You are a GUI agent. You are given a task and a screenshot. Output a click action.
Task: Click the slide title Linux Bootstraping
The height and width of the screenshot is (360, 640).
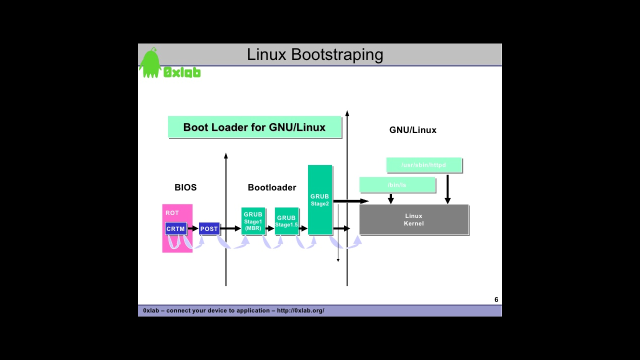pos(315,54)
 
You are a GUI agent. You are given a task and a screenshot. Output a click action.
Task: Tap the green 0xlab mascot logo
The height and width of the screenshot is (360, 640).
pos(150,63)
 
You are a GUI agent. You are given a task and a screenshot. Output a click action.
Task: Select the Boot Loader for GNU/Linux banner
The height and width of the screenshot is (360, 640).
pos(254,127)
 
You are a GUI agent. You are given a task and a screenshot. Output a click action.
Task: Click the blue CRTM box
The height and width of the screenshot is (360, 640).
pos(175,229)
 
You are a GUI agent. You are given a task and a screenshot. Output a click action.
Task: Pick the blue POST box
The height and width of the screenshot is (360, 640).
pos(209,229)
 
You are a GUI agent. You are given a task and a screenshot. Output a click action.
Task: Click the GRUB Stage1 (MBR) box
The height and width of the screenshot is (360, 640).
pos(253,221)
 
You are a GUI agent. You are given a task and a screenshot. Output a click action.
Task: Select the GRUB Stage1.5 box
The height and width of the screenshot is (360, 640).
pos(286,221)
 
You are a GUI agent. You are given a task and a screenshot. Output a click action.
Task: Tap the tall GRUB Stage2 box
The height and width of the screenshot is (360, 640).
pos(320,200)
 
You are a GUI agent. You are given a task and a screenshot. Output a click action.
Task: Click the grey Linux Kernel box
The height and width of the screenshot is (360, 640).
pos(414,219)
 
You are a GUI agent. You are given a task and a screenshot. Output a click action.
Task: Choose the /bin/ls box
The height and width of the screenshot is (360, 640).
pos(397,185)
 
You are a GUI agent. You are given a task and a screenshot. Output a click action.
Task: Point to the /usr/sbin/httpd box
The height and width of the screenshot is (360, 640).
pos(423,165)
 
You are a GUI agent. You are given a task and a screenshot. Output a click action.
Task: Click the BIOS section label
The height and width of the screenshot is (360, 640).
pos(185,187)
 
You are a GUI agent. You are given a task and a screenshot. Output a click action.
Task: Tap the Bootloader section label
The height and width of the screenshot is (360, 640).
pos(272,187)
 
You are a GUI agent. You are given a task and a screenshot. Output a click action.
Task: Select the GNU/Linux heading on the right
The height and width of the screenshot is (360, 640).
pos(413,130)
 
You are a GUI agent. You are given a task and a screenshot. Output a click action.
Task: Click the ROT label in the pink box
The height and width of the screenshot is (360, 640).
pos(172,213)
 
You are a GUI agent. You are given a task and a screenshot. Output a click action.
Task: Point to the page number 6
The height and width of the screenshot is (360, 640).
pos(496,299)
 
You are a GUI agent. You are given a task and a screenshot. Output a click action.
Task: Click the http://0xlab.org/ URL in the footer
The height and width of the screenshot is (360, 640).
pos(300,310)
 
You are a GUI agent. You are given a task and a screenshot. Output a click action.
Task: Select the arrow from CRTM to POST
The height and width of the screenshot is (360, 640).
pos(193,228)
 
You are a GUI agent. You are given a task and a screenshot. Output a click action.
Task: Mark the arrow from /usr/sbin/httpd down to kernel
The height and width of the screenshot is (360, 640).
pos(447,189)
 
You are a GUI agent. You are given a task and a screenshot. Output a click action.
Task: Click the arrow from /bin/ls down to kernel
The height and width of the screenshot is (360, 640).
pos(391,198)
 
